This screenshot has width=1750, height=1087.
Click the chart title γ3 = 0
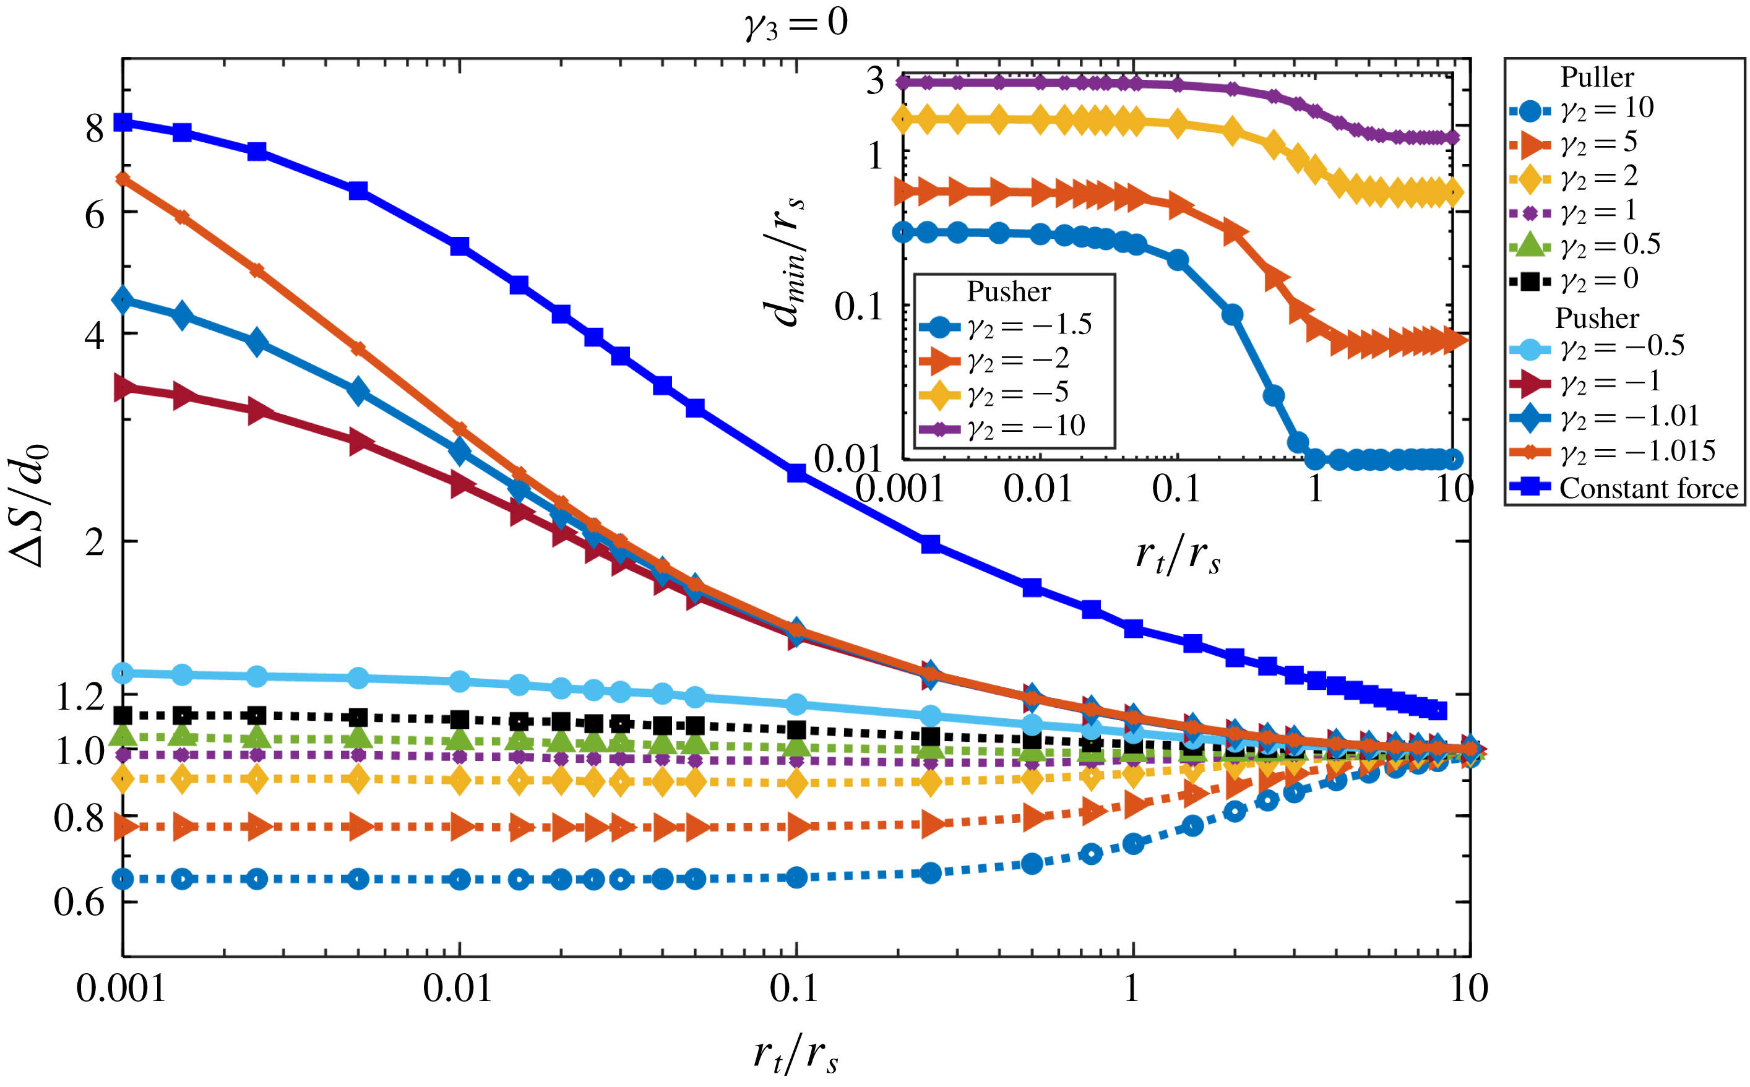(796, 24)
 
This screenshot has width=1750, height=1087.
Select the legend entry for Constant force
(1648, 488)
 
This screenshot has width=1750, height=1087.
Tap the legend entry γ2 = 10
(1608, 108)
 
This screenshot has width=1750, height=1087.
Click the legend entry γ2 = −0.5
(1622, 346)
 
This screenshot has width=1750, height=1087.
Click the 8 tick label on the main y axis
(94, 129)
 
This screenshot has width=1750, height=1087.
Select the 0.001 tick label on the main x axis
(121, 990)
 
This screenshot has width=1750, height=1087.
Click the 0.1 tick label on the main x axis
(795, 990)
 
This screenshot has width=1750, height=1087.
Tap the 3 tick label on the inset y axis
(874, 80)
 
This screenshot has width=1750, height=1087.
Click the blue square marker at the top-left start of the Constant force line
(124, 122)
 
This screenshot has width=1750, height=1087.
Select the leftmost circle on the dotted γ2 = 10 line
(124, 879)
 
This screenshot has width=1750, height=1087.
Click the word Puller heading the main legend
(1597, 77)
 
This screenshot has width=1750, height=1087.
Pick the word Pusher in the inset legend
(1008, 291)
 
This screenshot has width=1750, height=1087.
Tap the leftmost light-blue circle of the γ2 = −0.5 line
(124, 673)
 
